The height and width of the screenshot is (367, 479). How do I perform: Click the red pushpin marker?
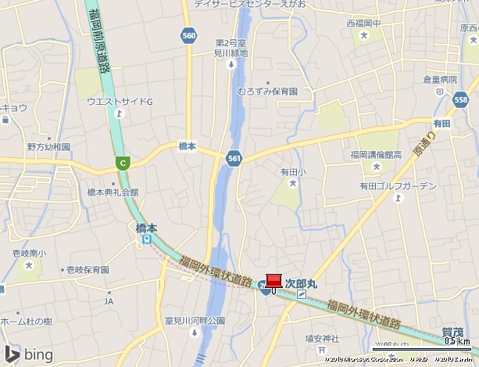(x=273, y=282)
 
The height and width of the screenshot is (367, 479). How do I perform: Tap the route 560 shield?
(x=188, y=35)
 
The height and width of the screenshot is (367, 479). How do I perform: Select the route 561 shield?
(x=234, y=158)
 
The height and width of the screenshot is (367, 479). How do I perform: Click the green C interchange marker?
(x=122, y=163)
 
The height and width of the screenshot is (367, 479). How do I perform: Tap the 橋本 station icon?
(x=146, y=241)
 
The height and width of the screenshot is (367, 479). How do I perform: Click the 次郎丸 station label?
(x=300, y=283)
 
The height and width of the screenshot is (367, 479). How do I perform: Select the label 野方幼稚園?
(x=48, y=146)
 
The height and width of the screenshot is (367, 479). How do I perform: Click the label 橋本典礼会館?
(x=112, y=192)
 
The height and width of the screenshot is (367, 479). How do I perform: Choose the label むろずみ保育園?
(x=267, y=92)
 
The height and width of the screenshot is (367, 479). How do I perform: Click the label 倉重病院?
(x=439, y=80)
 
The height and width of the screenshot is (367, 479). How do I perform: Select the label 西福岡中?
(x=363, y=23)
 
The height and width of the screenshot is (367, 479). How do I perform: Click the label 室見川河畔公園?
(x=195, y=321)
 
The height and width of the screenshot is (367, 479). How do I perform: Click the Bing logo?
(x=28, y=354)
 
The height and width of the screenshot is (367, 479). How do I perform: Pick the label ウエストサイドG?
(x=120, y=102)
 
